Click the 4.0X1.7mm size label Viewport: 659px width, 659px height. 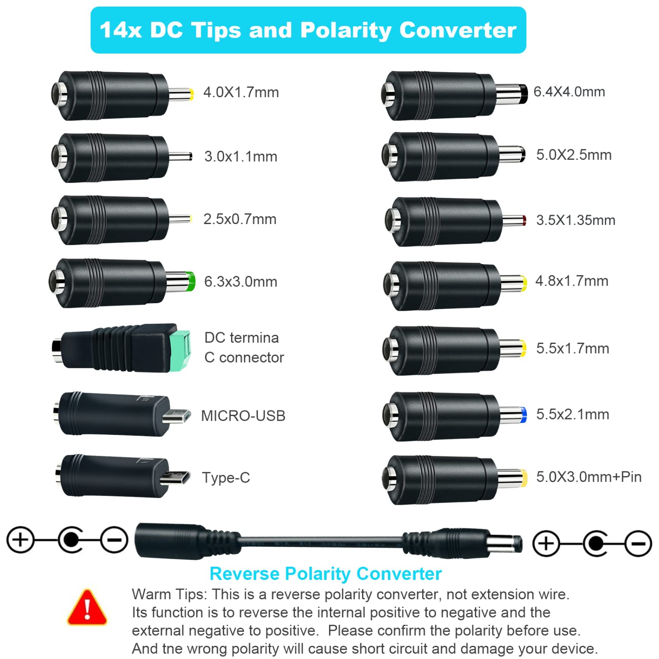(x=241, y=92)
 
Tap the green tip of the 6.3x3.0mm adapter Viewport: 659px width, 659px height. (x=191, y=281)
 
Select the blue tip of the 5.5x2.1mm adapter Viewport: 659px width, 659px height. (x=523, y=415)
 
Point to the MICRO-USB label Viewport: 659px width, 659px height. (x=243, y=416)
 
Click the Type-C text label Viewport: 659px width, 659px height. (x=226, y=478)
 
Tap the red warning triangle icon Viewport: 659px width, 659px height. (x=87, y=608)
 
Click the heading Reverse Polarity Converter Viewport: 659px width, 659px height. (x=326, y=574)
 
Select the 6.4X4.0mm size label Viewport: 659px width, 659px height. (x=569, y=92)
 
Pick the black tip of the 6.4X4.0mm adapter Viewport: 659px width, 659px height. (x=523, y=94)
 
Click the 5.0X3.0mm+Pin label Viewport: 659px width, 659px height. (x=589, y=477)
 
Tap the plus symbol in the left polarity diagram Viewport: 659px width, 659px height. (x=20, y=540)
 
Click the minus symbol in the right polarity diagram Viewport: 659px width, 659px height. (x=638, y=543)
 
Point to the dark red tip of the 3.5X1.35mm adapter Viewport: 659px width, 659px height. (x=523, y=220)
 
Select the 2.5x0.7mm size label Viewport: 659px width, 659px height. (x=240, y=219)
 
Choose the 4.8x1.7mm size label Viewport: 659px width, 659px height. (x=572, y=281)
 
